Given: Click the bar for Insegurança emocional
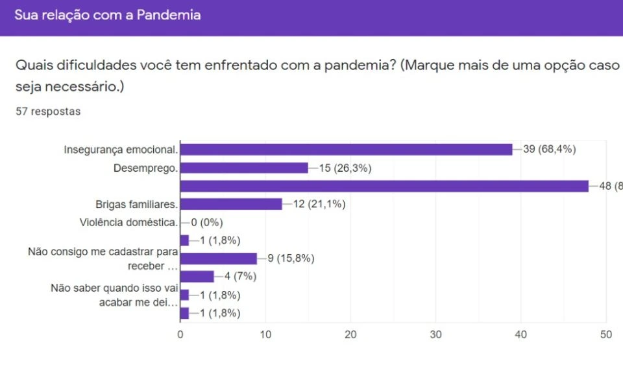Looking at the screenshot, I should [x=346, y=149].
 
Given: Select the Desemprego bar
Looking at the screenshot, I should [x=244, y=168].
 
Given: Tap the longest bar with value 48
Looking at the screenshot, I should [x=384, y=186].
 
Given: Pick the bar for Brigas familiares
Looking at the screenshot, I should [x=231, y=204].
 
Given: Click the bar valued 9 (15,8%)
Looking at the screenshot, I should [x=219, y=259].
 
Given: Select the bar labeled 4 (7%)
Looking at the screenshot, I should [x=197, y=277].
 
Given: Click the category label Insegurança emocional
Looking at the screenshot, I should [x=121, y=150].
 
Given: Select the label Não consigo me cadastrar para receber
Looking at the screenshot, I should [x=103, y=259].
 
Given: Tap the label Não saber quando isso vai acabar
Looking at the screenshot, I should [x=114, y=295].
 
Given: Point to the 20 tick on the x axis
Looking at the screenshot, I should [x=350, y=334].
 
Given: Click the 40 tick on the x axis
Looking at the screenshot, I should [x=521, y=334].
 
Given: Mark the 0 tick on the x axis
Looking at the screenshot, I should [x=180, y=334].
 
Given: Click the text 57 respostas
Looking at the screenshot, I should [x=48, y=111].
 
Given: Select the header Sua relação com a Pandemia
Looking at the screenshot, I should [x=107, y=15].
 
